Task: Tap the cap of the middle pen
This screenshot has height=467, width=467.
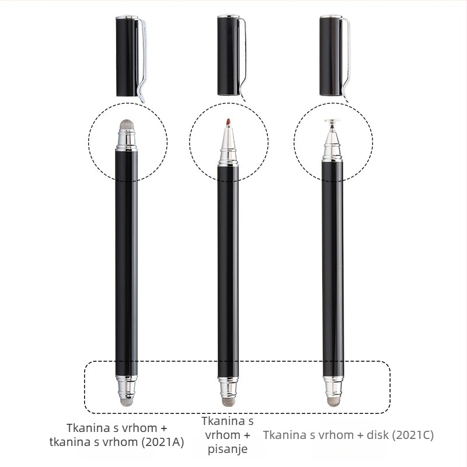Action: (229, 55)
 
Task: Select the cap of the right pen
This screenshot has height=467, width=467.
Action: (331, 55)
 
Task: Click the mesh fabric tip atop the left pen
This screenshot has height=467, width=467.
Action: (127, 124)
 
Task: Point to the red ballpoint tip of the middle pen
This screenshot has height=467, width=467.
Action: (228, 123)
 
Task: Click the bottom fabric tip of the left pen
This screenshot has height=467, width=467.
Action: (127, 402)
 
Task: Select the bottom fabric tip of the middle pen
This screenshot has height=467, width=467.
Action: (228, 401)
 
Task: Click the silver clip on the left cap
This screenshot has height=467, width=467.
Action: (142, 60)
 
